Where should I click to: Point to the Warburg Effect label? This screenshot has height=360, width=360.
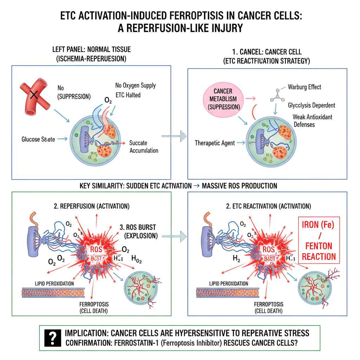pos(304,87)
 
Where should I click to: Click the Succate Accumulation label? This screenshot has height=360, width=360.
pos(143,147)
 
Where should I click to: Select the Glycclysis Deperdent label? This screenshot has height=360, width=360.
pos(311,105)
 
